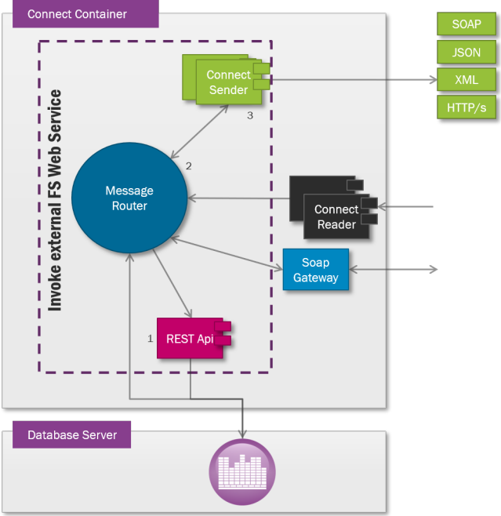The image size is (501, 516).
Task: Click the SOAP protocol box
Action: pos(467,24)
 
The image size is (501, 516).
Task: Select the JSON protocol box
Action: pos(467,52)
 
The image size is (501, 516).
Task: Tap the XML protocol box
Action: pos(467,79)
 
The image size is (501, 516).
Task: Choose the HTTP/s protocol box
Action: pos(467,107)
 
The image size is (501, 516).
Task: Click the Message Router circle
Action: pos(129,198)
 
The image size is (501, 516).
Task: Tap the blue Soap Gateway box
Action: pos(315,270)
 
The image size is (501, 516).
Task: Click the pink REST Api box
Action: pos(191,339)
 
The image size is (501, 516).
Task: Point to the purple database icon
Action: pos(242,473)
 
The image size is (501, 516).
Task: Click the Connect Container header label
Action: pos(77,14)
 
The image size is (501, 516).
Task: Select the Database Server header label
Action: pos(71,434)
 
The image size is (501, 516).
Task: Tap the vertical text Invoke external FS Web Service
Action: pos(55,200)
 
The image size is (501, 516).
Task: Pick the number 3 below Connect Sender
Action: pos(249,115)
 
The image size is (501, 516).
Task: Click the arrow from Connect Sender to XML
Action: pos(353,79)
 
